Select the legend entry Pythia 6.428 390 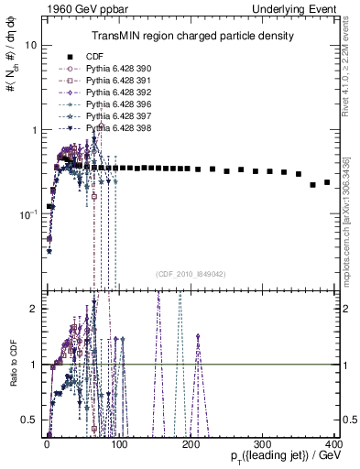[114, 69]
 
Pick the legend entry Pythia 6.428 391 [114, 81]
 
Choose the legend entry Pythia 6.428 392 [114, 93]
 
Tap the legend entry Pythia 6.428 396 [114, 104]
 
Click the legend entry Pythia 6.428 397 [114, 116]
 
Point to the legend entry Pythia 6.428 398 [114, 128]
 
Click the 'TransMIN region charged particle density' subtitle [191, 36]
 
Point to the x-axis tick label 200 [191, 442]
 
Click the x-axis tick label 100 [119, 442]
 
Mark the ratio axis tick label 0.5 [28, 420]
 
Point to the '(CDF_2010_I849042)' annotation [191, 274]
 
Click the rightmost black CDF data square [327, 181]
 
